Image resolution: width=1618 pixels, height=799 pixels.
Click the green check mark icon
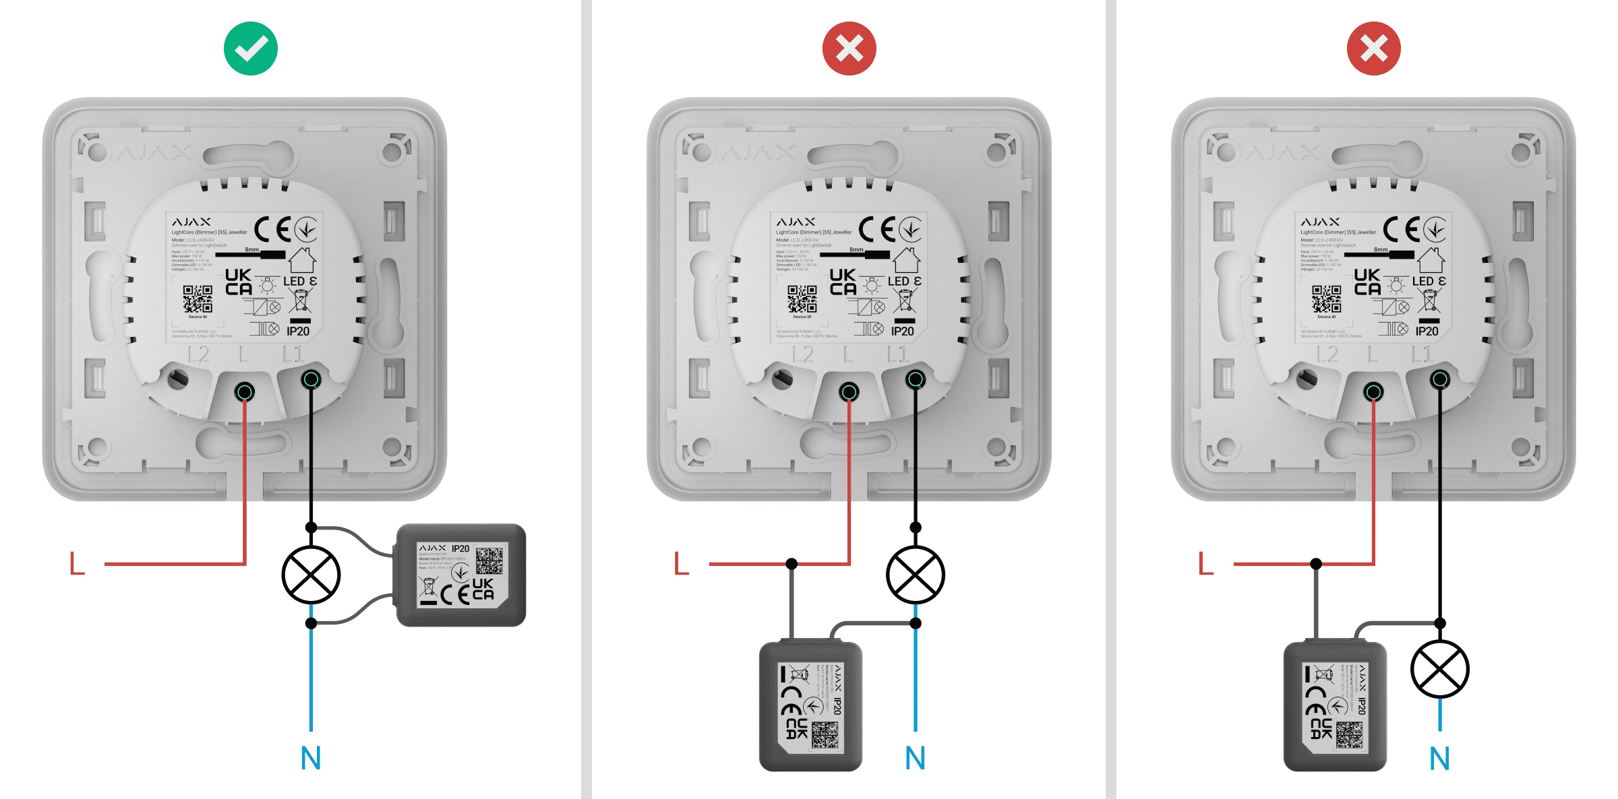[x=250, y=49]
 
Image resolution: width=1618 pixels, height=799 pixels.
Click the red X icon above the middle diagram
[x=849, y=49]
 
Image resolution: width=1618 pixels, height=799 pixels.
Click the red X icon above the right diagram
[x=1373, y=49]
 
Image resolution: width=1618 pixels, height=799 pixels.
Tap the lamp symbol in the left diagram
[x=311, y=575]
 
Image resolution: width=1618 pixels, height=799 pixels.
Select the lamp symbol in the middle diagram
[x=915, y=575]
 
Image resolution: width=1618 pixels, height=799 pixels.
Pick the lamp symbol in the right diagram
[x=1439, y=669]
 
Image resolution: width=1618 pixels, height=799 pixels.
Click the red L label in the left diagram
[x=78, y=563]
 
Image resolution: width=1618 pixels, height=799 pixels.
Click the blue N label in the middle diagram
[x=915, y=759]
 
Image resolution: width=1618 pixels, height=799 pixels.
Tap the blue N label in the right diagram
[x=1439, y=759]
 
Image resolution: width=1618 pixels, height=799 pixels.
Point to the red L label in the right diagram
[x=1206, y=563]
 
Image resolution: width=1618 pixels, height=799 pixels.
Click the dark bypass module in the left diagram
[x=461, y=575]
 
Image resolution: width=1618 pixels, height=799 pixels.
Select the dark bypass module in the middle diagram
[x=810, y=706]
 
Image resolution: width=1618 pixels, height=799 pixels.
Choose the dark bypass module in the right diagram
[x=1335, y=706]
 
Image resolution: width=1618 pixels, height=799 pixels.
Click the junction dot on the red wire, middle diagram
[x=791, y=563]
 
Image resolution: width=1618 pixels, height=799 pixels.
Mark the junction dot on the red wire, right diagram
[x=1316, y=563]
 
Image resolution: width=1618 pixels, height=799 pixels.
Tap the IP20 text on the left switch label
[x=298, y=331]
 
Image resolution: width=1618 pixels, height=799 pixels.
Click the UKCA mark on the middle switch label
[x=843, y=282]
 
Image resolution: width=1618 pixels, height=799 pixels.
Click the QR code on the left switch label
[x=198, y=298]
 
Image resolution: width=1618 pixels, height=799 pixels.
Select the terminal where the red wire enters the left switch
[x=245, y=391]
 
